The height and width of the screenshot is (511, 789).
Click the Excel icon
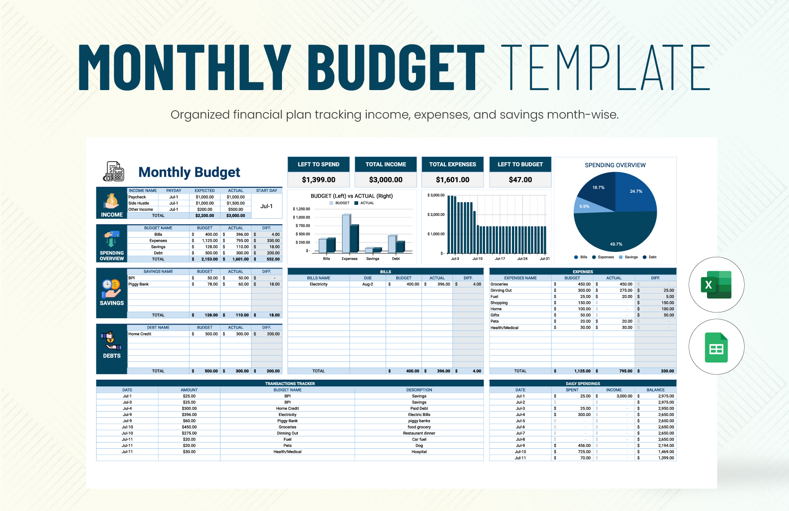pyautogui.click(x=716, y=285)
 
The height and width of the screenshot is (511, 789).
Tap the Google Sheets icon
pyautogui.click(x=716, y=347)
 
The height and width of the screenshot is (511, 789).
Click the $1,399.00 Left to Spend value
pyautogui.click(x=318, y=180)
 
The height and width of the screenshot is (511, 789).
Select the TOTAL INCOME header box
pyautogui.click(x=386, y=165)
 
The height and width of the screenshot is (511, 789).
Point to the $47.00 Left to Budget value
pyautogui.click(x=520, y=180)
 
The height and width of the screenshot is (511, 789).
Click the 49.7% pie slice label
pyautogui.click(x=616, y=244)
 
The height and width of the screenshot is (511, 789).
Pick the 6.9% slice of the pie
pyautogui.click(x=587, y=207)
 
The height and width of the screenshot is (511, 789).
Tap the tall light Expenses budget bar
pyautogui.click(x=346, y=233)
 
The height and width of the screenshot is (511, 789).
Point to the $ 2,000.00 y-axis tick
pyautogui.click(x=436, y=215)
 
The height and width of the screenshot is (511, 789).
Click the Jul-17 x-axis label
pyautogui.click(x=500, y=259)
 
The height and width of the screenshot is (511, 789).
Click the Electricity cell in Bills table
pyautogui.click(x=318, y=284)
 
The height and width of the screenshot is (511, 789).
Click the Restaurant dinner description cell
pyautogui.click(x=419, y=433)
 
